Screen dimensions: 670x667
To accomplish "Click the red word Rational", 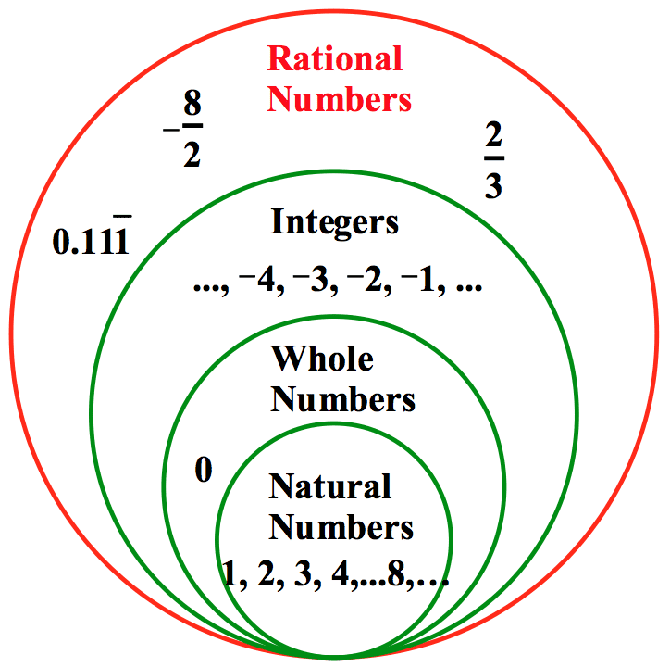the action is (x=335, y=59).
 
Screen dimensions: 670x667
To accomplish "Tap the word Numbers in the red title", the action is (x=340, y=98).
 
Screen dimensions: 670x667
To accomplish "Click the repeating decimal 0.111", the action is (x=90, y=243).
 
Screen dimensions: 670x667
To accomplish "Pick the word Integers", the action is (x=335, y=222).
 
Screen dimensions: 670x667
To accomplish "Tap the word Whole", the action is (x=322, y=359).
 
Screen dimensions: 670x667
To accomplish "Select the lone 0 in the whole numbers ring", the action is (x=204, y=471).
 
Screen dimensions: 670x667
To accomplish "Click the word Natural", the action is (x=330, y=486).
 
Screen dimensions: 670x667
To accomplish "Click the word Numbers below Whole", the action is (x=343, y=400).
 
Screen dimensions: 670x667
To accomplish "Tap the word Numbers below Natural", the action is (x=341, y=527).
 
